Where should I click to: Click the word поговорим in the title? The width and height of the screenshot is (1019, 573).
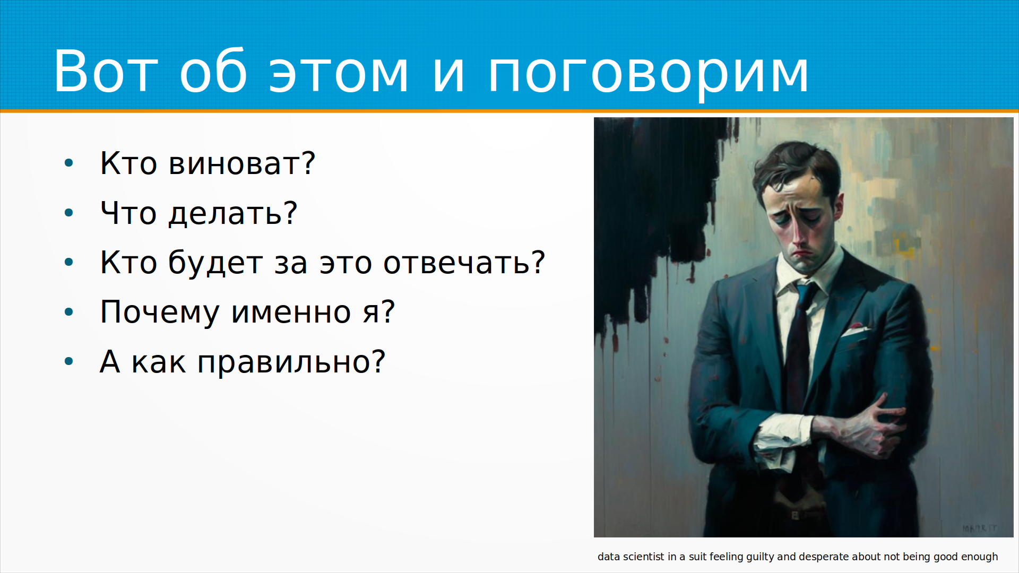pyautogui.click(x=648, y=72)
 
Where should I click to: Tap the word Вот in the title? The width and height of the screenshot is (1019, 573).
pyautogui.click(x=105, y=71)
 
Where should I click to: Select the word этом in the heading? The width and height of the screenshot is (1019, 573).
pyautogui.click(x=339, y=75)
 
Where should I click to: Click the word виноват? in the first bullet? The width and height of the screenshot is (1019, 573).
pyautogui.click(x=242, y=163)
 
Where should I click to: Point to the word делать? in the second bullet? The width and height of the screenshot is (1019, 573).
pyautogui.click(x=233, y=213)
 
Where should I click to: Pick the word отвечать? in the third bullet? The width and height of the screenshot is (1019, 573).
pyautogui.click(x=464, y=263)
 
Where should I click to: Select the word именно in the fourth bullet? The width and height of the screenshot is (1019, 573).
pyautogui.click(x=291, y=312)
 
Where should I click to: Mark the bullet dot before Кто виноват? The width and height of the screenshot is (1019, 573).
pyautogui.click(x=68, y=163)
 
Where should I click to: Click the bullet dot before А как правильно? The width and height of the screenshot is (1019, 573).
pyautogui.click(x=68, y=362)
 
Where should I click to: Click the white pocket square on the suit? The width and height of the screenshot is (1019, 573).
pyautogui.click(x=856, y=329)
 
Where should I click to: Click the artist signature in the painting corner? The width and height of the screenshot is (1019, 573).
pyautogui.click(x=980, y=528)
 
